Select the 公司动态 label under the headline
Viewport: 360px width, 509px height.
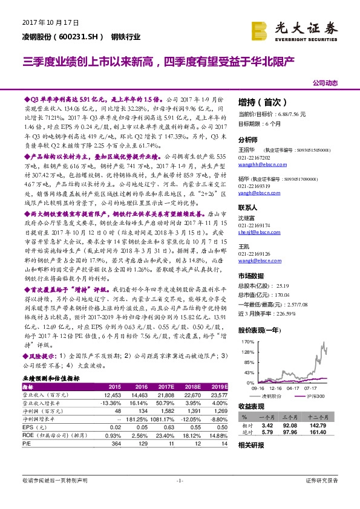pyautogui.click(x=326, y=82)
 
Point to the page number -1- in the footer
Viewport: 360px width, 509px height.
pyautogui.click(x=180, y=480)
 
